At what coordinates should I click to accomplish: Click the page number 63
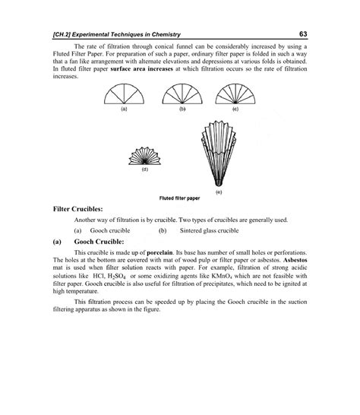(x=302, y=34)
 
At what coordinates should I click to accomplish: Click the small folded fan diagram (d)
(x=144, y=157)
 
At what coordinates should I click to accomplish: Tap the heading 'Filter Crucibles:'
(x=83, y=207)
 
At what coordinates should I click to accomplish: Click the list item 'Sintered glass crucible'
(x=209, y=230)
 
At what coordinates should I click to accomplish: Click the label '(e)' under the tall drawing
(x=218, y=192)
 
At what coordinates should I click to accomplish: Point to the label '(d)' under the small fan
(x=144, y=170)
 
